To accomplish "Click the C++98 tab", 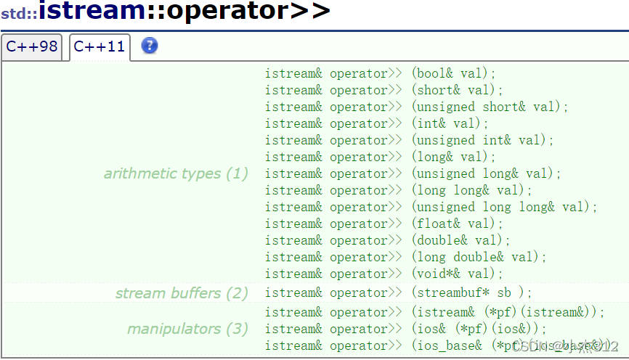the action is (x=32, y=46).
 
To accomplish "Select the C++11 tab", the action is (x=100, y=47).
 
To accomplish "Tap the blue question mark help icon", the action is (x=150, y=46).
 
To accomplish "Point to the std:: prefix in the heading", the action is (x=19, y=13).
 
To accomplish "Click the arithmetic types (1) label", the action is (x=176, y=173).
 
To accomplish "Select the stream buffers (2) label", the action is (x=182, y=293).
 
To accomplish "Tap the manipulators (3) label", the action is (x=187, y=329).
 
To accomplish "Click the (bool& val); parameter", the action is (x=453, y=73).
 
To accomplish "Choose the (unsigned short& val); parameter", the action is (x=490, y=107).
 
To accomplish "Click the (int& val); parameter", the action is (x=450, y=123).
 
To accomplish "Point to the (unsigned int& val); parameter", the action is (x=482, y=140).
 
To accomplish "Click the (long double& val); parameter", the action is (x=479, y=257).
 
